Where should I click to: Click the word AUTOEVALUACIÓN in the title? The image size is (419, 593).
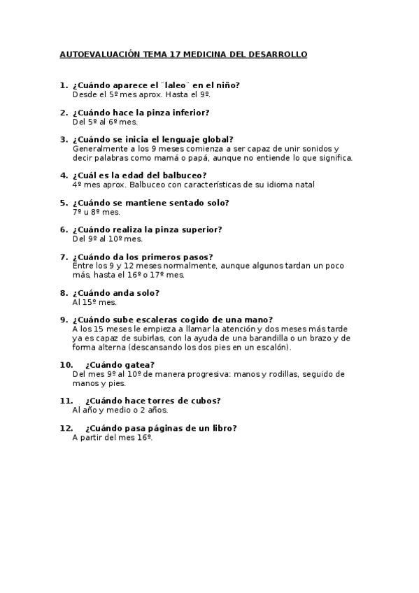(99, 54)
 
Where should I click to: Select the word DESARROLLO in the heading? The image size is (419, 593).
(276, 54)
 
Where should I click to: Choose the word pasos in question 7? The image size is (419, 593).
(197, 257)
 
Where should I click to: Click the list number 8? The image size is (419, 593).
(64, 293)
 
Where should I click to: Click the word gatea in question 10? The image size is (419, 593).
(141, 364)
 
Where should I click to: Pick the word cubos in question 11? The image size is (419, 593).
(205, 401)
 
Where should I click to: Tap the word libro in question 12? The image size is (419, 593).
(222, 428)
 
